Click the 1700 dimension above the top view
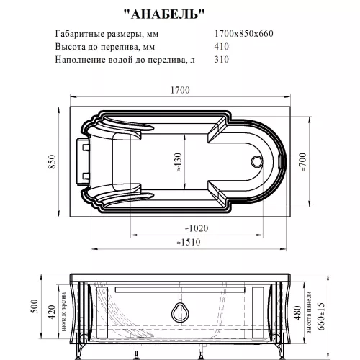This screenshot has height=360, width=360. coord(179,89)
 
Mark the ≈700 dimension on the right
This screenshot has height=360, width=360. coord(305,164)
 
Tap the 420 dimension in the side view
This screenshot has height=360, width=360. coord(52,312)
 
